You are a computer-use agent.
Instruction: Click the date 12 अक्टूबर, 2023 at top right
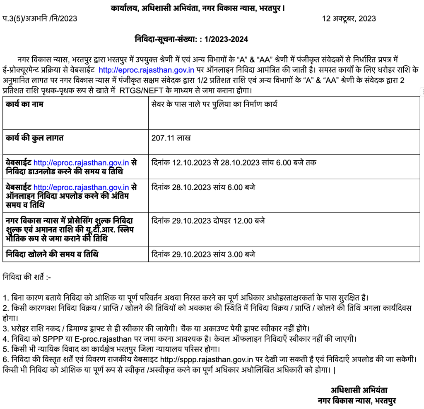[x=349, y=19]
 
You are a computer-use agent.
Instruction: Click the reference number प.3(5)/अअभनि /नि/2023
[x=40, y=19]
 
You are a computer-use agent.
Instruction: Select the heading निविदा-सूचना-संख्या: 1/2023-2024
[x=191, y=39]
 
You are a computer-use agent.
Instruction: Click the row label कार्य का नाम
[x=24, y=105]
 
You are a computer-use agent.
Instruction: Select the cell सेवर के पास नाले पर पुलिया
[x=214, y=105]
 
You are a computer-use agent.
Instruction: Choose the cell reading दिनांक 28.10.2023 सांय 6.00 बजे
[x=203, y=188]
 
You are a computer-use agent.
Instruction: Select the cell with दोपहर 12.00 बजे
[x=208, y=221]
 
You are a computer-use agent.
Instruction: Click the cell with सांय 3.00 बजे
[x=203, y=254]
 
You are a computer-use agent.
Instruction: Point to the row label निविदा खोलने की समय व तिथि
[x=52, y=254]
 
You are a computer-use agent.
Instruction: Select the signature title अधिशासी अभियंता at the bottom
[x=359, y=390]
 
